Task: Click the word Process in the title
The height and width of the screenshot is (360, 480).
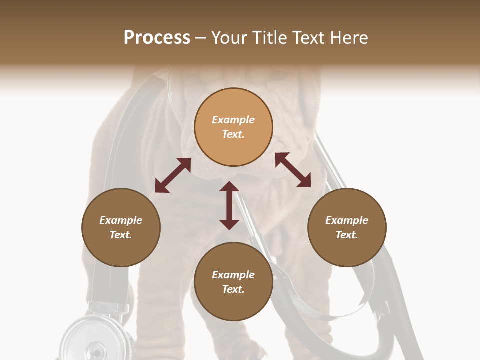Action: click(157, 38)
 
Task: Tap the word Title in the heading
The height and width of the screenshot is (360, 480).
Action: click(270, 38)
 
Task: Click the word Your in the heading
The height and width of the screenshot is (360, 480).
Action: click(230, 38)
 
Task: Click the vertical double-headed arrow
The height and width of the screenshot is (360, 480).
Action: click(229, 205)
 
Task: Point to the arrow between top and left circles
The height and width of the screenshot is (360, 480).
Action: click(173, 175)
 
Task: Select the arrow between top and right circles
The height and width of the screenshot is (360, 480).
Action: click(293, 170)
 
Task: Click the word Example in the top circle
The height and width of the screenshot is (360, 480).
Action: click(233, 120)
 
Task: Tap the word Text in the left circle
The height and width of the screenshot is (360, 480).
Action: click(121, 235)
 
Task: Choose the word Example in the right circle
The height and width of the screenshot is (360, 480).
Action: click(347, 220)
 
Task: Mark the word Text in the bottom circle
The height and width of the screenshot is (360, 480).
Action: click(233, 289)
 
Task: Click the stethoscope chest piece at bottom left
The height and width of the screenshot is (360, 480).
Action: click(95, 337)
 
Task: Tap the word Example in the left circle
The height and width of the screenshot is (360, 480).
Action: click(121, 220)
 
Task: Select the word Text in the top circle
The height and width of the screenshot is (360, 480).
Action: click(233, 134)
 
